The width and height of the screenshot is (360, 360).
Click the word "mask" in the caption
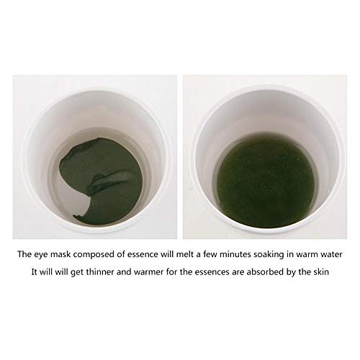[60, 254]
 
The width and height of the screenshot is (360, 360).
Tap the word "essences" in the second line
[212, 272]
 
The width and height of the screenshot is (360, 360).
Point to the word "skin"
[321, 272]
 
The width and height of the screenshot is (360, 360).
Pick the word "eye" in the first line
[41, 256]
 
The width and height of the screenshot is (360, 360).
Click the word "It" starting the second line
[35, 272]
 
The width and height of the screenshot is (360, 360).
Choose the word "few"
[210, 254]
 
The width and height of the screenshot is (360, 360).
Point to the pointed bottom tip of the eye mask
[74, 217]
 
